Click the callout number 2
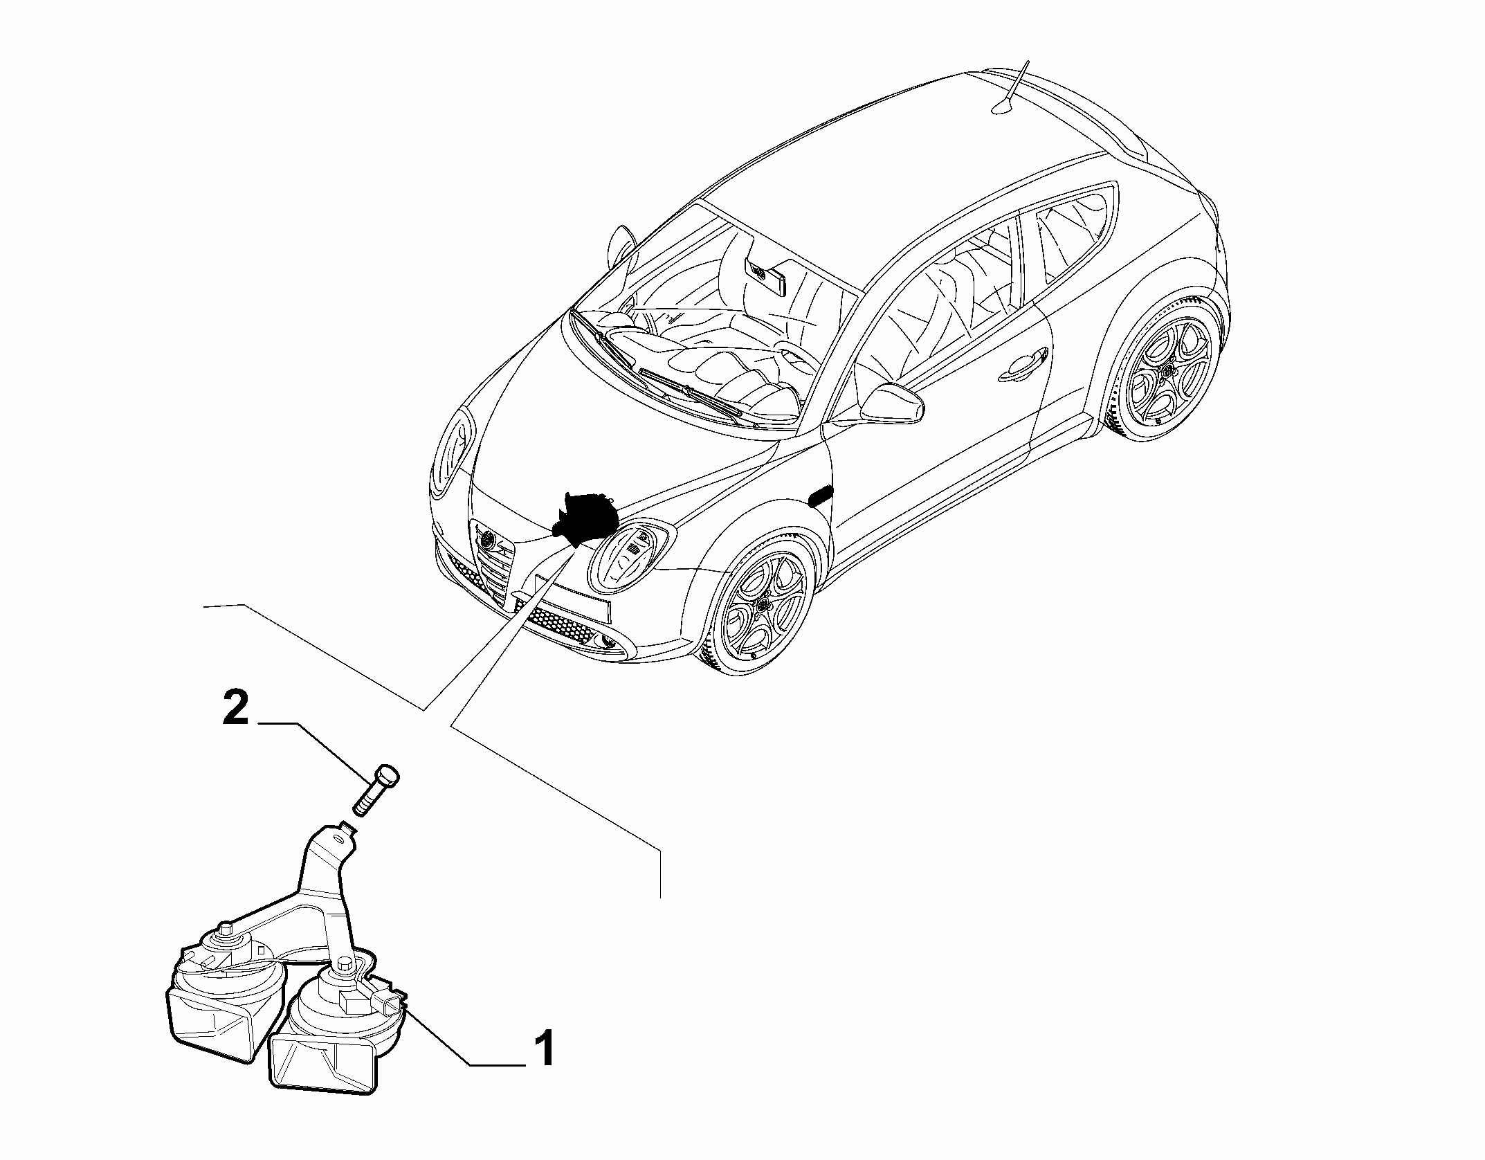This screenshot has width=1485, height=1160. click(235, 709)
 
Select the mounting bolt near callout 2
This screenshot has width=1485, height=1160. click(376, 790)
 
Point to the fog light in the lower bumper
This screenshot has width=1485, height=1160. click(608, 643)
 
